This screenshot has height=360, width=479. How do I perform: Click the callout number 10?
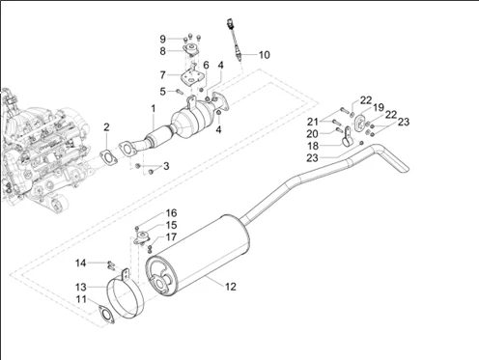tap(265, 55)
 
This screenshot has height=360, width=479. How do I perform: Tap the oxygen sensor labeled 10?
tap(235, 41)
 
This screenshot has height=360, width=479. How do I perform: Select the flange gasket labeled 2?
tap(108, 157)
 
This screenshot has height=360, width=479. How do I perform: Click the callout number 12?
tap(231, 287)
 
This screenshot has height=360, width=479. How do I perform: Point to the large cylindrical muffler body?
tap(197, 257)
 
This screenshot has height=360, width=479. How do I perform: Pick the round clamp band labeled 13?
tap(125, 296)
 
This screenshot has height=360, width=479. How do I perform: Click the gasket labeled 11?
tap(106, 315)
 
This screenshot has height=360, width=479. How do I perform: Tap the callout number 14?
tap(81, 263)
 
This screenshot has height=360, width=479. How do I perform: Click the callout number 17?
tap(171, 237)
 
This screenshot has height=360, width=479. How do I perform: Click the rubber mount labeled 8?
tap(191, 49)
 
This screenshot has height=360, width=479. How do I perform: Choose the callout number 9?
tap(162, 39)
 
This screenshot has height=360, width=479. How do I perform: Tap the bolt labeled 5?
tap(180, 92)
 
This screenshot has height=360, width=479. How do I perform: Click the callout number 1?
tap(154, 108)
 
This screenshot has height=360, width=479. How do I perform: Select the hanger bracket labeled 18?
tap(347, 137)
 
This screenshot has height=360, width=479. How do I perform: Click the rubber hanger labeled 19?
tap(359, 123)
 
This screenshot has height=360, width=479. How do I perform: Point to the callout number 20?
tap(312, 133)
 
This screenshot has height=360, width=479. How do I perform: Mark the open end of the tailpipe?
tap(405, 169)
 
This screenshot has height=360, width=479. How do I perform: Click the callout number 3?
tap(166, 166)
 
